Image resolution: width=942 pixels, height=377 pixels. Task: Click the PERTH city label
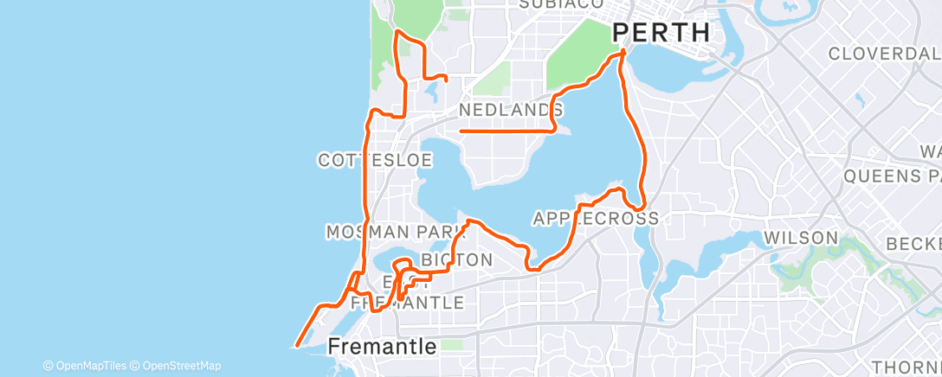tap(661, 33)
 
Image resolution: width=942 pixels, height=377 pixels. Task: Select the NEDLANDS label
tap(510, 110)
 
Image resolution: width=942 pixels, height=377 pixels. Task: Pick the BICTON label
tap(456, 259)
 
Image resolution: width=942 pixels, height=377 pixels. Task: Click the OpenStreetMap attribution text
tap(178, 366)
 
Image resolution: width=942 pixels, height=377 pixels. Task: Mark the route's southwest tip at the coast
tap(297, 345)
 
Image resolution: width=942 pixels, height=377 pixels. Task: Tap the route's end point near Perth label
tap(623, 54)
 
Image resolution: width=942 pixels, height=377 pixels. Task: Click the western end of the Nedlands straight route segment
tap(460, 131)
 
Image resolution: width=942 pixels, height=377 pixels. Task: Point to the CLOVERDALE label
tap(883, 54)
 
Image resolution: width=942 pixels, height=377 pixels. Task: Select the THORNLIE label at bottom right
tap(906, 366)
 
